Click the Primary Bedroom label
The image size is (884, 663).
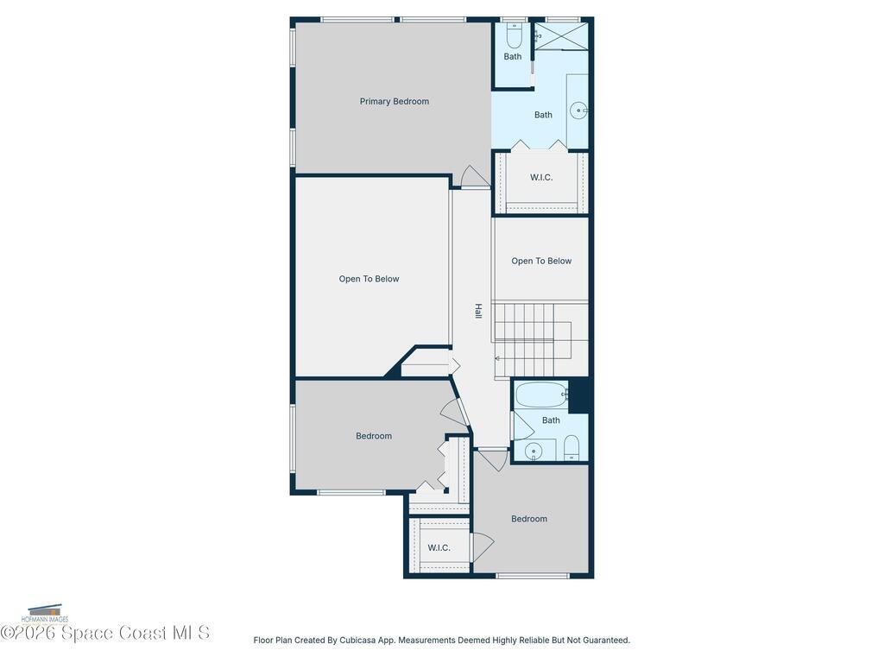click(394, 102)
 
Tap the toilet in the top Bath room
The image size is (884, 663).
click(514, 35)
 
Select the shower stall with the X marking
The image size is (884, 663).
click(561, 36)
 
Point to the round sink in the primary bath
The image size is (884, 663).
click(579, 110)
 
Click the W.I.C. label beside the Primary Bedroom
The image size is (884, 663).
click(541, 178)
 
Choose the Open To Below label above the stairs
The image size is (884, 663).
click(541, 261)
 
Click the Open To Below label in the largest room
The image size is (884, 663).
click(369, 279)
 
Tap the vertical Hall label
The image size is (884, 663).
click(478, 311)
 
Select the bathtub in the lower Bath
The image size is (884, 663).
click(541, 395)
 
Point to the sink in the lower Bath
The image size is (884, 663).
click(534, 451)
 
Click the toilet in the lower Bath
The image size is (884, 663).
click(571, 448)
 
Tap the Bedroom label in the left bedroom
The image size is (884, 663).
click(374, 436)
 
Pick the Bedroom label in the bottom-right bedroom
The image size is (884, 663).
click(529, 519)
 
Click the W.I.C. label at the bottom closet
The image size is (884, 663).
click(439, 548)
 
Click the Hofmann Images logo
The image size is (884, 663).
click(45, 614)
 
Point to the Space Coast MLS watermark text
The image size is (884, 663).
click(105, 633)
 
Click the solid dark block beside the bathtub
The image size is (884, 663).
click(578, 395)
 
